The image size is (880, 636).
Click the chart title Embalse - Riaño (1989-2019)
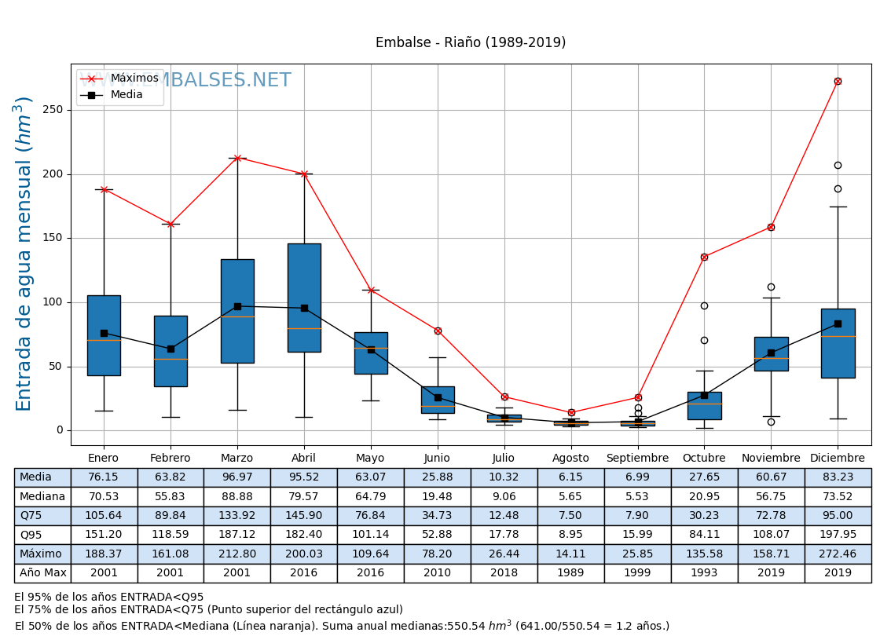tap(470, 42)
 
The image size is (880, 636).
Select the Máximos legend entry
tap(134, 79)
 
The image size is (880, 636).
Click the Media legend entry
tap(126, 95)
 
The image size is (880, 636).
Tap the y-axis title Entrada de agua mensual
tap(24, 254)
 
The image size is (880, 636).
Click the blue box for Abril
tap(304, 298)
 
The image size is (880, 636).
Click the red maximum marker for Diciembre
tap(838, 81)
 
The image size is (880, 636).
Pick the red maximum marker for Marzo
tap(237, 158)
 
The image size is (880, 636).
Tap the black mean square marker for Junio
tap(438, 397)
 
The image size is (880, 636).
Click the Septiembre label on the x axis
tap(637, 459)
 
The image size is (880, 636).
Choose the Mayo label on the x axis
tap(370, 459)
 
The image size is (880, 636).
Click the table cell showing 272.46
tap(838, 554)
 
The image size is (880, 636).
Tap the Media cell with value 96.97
tap(236, 477)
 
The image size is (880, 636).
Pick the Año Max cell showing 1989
tap(570, 573)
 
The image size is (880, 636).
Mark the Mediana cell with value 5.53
tap(637, 496)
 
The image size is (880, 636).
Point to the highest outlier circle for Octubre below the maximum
tap(704, 305)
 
